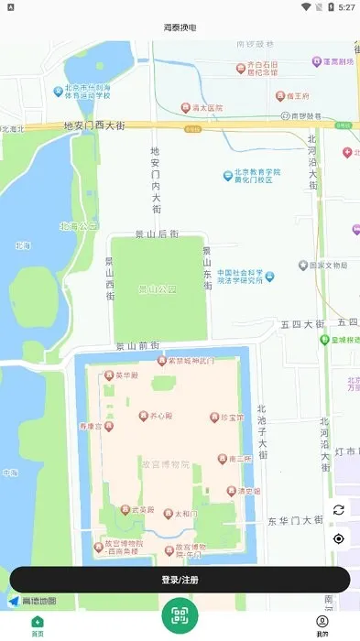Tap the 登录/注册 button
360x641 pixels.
(180, 580)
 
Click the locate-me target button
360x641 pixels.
(338, 538)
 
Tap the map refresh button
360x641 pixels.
(338, 510)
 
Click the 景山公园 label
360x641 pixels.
(157, 290)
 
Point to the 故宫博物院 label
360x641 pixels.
(164, 463)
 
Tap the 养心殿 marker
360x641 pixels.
(144, 416)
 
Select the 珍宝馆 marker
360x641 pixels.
(215, 417)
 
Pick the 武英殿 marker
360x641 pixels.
(125, 509)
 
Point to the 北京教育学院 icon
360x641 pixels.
(227, 175)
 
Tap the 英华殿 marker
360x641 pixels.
(108, 375)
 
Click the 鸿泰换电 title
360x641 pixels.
(180, 27)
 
